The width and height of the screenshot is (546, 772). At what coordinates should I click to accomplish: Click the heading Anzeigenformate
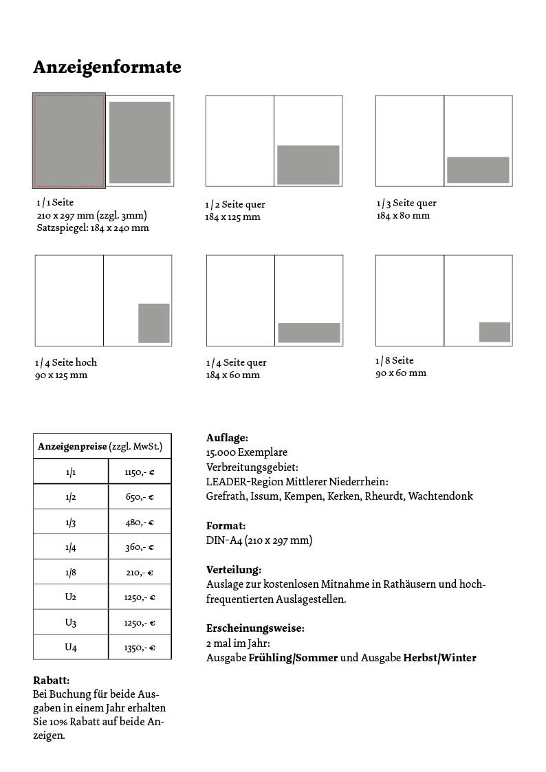point(107,67)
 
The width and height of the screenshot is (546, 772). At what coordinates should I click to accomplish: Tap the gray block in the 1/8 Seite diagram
point(494,332)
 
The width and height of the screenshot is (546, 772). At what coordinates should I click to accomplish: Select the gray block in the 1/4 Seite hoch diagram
point(153,322)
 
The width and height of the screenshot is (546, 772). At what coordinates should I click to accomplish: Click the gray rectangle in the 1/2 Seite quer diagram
point(308,164)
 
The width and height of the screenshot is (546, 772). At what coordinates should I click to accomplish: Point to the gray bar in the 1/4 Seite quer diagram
point(309,333)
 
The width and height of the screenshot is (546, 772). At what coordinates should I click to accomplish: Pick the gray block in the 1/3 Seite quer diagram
point(478,170)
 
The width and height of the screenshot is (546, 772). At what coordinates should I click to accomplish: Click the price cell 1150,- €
point(140,472)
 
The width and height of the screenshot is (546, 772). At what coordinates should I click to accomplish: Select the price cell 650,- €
point(140,497)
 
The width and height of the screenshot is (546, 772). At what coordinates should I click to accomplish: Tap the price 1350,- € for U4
point(140,648)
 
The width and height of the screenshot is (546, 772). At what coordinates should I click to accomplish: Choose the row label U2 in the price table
point(71,597)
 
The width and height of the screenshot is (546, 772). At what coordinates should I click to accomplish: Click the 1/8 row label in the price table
point(71,573)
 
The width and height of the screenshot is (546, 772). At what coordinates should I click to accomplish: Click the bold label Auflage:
point(227,438)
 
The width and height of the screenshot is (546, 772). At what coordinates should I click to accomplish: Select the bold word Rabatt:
point(52,680)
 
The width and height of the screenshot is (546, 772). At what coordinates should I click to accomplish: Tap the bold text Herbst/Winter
point(439,658)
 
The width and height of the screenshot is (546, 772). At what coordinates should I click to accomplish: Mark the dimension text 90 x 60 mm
point(400,373)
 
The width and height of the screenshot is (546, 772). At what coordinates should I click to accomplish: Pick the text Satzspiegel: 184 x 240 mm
point(93,228)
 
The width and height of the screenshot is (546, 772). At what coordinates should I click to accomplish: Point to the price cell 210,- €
point(140,573)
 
